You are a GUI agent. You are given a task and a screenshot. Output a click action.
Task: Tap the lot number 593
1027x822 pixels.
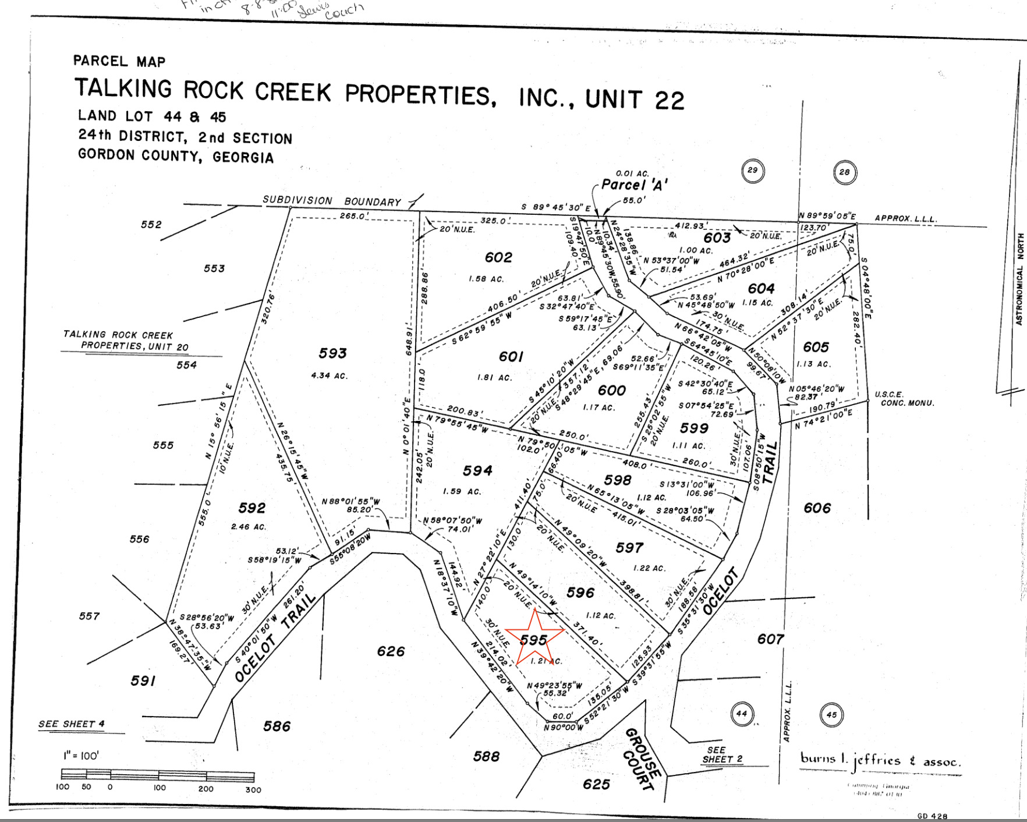332,353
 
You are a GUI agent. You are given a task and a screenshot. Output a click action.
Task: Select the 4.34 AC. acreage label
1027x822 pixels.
329,375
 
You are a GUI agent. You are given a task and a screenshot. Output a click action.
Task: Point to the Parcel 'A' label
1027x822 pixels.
634,185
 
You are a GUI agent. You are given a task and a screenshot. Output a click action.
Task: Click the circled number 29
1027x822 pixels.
753,170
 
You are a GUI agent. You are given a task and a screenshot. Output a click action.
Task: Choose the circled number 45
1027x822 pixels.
831,715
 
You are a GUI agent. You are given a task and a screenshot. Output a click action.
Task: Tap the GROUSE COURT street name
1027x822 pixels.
642,759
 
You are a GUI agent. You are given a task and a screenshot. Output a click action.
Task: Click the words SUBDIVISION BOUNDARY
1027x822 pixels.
332,201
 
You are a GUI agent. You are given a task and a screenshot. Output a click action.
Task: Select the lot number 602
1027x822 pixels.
498,257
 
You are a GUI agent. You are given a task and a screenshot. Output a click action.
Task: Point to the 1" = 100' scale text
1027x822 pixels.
81,756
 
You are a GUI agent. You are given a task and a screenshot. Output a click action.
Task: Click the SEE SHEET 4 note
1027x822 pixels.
72,724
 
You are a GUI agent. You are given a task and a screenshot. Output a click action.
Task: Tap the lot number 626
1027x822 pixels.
391,651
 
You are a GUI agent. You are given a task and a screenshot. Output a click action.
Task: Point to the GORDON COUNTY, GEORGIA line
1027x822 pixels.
176,156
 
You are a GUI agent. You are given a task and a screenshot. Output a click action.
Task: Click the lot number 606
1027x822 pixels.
817,508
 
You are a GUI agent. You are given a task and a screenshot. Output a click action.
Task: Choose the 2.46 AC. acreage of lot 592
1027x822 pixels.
249,527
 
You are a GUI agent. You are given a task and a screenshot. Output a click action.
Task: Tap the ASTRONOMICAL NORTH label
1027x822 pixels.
1019,279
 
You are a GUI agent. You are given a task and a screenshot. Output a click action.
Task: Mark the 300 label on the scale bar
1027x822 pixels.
253,789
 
